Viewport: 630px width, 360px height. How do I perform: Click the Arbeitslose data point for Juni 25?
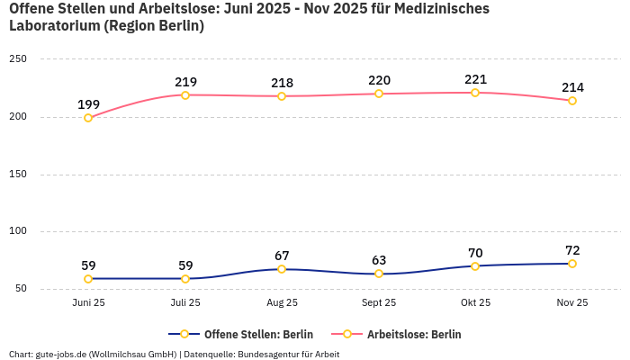pyautogui.click(x=88, y=118)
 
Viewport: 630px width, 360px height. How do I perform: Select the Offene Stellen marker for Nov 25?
pyautogui.click(x=571, y=264)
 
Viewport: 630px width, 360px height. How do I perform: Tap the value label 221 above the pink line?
pyautogui.click(x=475, y=80)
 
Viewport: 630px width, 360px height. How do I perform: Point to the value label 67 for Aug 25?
pyautogui.click(x=282, y=256)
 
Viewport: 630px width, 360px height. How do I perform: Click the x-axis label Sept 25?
pyautogui.click(x=378, y=303)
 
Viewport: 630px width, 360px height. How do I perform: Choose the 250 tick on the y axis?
pyautogui.click(x=18, y=59)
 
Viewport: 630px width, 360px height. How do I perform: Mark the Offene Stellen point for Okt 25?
pyautogui.click(x=475, y=266)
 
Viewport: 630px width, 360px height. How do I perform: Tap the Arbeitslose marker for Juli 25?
pyautogui.click(x=185, y=95)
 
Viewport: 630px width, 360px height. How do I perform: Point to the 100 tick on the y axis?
pyautogui.click(x=18, y=231)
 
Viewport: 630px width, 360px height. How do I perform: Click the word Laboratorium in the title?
pyautogui.click(x=53, y=26)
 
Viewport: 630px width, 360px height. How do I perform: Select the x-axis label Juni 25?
pyautogui.click(x=88, y=303)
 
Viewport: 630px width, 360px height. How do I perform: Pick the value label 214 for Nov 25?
pyautogui.click(x=572, y=87)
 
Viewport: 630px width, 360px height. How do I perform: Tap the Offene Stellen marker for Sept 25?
pyautogui.click(x=379, y=274)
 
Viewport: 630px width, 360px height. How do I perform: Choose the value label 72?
pyautogui.click(x=572, y=250)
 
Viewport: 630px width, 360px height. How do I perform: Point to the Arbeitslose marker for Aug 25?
pyautogui.click(x=282, y=96)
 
